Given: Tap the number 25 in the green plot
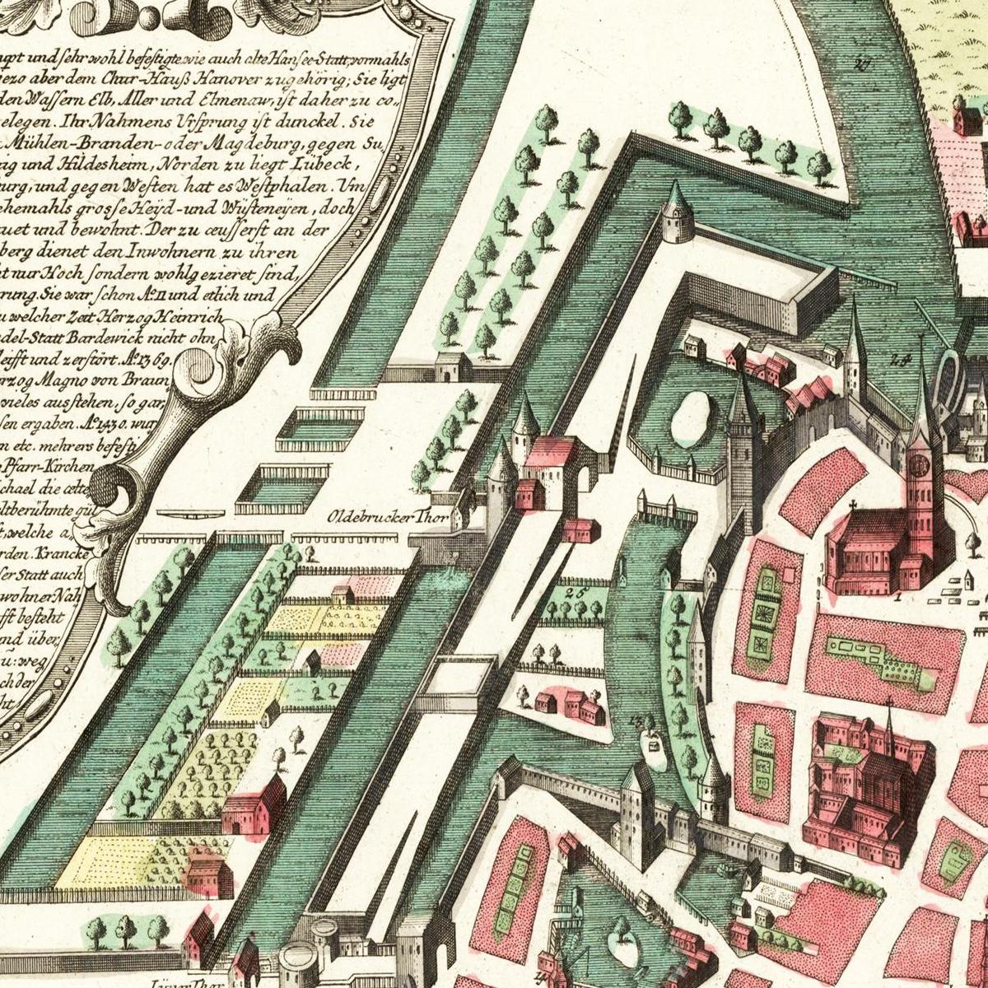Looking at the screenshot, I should coord(574,590).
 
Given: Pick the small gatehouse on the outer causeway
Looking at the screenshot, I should coord(454,366).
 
